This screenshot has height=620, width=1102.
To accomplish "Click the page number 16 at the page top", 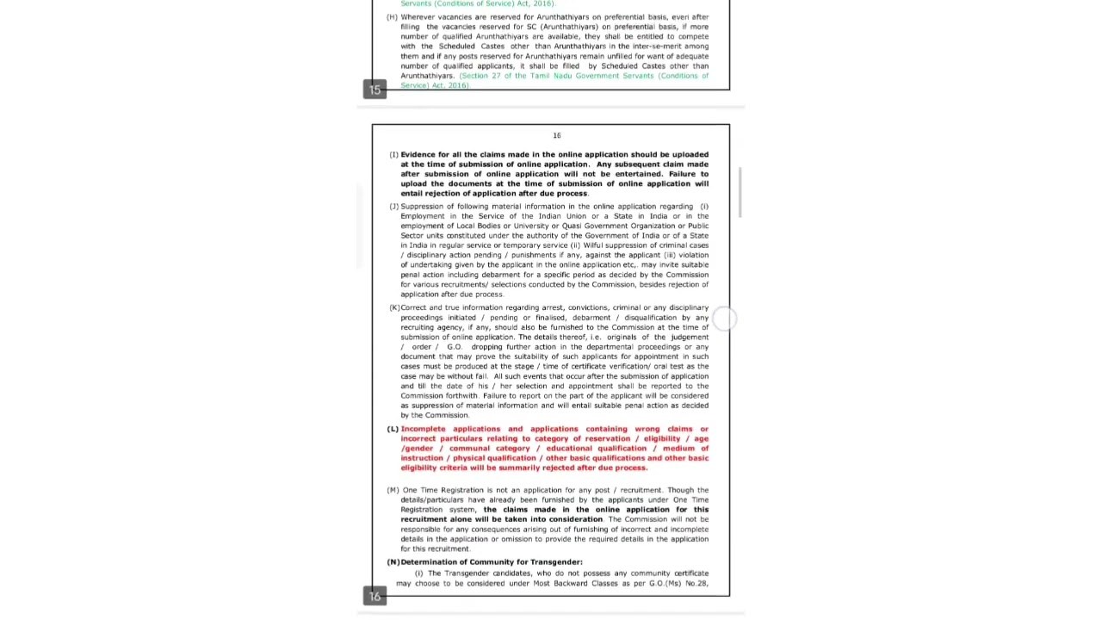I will point(557,135).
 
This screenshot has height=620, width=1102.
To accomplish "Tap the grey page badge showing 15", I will point(375,90).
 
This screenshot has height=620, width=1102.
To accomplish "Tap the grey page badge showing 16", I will point(375,596).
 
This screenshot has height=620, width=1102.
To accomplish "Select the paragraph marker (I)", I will point(393,155).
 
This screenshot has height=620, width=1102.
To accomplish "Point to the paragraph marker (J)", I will point(393,207).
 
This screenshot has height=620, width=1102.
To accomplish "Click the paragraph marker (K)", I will point(393,307).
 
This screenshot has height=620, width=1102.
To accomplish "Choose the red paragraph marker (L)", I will point(393,429).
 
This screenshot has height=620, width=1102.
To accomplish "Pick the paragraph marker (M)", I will point(393,490).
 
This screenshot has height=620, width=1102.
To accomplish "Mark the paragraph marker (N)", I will point(393,562).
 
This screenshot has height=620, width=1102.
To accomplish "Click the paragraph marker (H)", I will point(393,17).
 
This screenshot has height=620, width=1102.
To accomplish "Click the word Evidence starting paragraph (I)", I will point(418,155).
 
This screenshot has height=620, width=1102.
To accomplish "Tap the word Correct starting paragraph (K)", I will point(414,307).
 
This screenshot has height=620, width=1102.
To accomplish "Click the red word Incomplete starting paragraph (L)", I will point(423,429).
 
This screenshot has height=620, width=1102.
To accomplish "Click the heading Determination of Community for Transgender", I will point(492,562).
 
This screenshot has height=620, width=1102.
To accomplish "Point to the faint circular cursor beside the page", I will point(724,319).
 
